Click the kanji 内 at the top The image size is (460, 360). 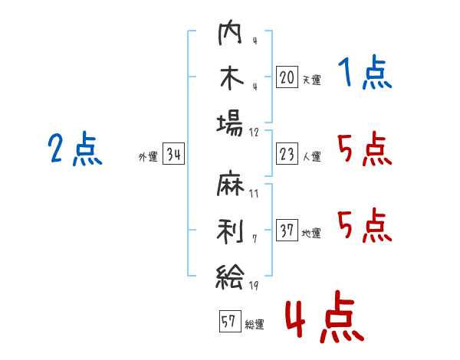pos(229,34)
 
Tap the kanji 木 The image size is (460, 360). pos(229,77)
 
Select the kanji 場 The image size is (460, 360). pos(229,121)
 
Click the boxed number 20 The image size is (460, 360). pos(287,77)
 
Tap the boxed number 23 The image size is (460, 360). pos(287,154)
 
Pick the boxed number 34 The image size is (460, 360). pos(173,155)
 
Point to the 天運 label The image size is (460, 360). pos(311,80)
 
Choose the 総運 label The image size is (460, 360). pos(255,324)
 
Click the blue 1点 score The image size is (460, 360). pos(364,74)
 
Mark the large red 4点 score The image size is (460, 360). pos(324,320)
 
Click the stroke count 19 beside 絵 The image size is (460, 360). pos(255,286)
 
